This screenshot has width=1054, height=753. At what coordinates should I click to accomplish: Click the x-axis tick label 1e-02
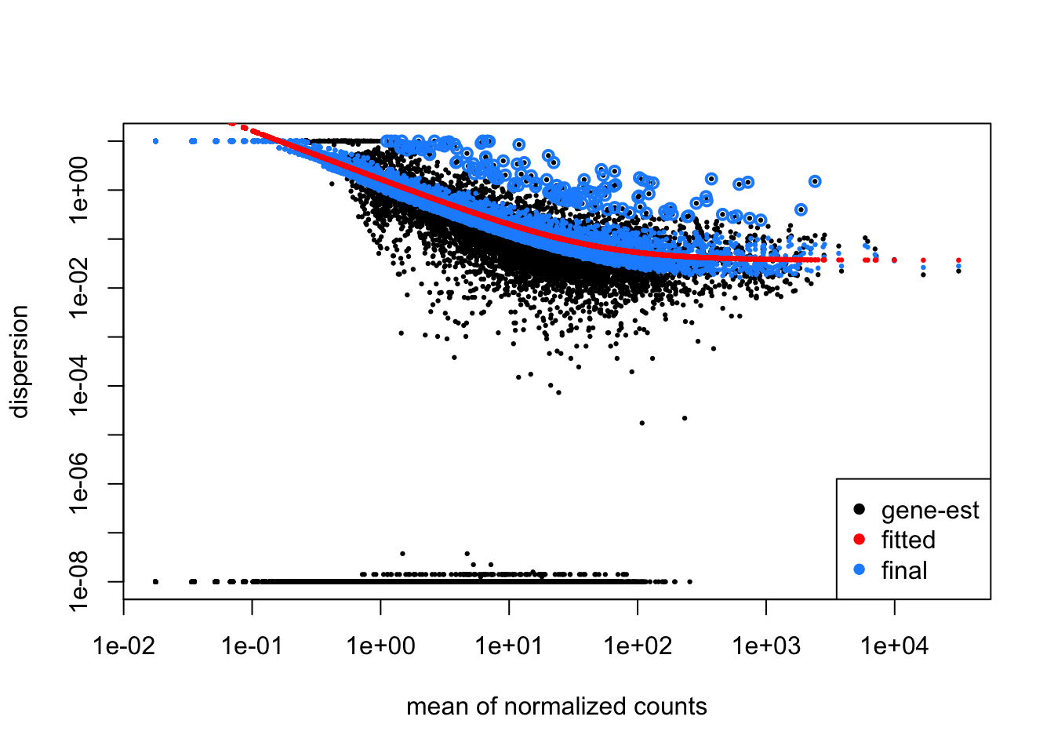click(x=124, y=646)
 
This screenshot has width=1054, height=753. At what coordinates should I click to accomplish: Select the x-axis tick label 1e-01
click(x=253, y=646)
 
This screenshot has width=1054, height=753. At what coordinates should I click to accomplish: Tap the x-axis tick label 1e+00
click(x=381, y=646)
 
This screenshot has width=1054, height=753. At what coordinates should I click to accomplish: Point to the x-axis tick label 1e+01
click(x=509, y=646)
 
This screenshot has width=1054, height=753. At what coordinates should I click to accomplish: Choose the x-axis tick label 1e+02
click(x=638, y=646)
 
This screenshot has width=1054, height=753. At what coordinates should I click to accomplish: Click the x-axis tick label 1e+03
click(x=766, y=646)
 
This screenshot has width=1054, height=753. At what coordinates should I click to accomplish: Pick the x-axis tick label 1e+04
click(x=895, y=646)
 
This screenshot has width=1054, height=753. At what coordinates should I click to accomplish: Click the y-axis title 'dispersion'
click(x=19, y=362)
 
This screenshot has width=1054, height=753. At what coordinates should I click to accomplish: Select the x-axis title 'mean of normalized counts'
click(x=557, y=707)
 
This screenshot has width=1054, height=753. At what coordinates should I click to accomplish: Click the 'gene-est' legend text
click(x=930, y=511)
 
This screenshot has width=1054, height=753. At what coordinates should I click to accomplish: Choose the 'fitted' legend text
click(x=908, y=540)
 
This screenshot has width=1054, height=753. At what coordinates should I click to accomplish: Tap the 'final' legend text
click(x=904, y=570)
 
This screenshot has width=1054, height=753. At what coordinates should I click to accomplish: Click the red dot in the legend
click(x=859, y=540)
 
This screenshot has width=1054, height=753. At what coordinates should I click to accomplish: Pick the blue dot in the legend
click(x=859, y=570)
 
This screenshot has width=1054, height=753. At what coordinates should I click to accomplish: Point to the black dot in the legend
click(x=859, y=510)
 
